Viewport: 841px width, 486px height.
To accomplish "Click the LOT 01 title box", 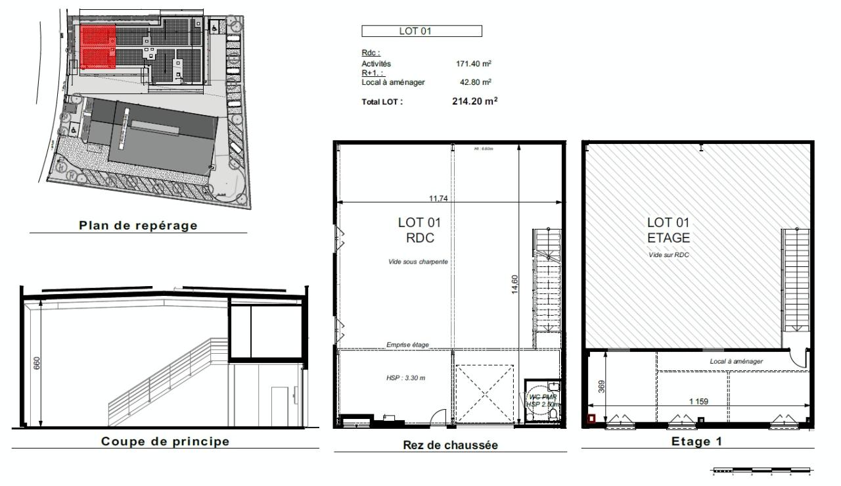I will [422, 31].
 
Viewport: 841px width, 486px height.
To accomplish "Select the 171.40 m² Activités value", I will [474, 64].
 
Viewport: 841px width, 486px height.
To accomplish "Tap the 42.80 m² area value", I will [476, 82].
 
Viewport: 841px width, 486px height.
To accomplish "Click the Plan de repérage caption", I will [138, 225].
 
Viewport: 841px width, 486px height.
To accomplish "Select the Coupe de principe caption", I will [165, 441].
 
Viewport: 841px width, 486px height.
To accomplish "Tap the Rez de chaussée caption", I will [450, 445].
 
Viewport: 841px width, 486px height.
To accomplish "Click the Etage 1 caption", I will [696, 441].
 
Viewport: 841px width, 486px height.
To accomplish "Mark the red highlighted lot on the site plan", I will [98, 47].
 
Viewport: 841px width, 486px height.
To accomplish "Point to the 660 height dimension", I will [37, 363].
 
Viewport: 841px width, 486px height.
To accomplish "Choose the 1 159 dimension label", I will [698, 401].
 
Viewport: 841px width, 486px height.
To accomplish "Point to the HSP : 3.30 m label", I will [405, 378].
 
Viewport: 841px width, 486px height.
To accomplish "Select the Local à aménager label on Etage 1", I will [736, 361].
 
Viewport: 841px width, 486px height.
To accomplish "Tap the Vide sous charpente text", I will [418, 262].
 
